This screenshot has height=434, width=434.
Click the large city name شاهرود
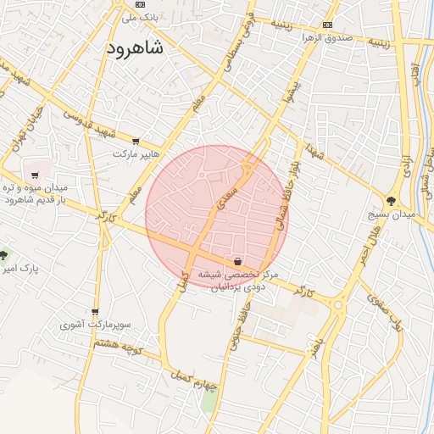136,48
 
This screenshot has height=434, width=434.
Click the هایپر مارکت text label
136,155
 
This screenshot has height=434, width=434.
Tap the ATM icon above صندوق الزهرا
327,25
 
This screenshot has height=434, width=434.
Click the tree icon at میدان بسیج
391,201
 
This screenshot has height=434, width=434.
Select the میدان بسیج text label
391,215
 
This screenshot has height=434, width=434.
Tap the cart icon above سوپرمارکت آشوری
95,312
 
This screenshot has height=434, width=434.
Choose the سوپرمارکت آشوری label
95,325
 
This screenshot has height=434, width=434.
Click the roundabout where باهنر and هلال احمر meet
337,303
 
